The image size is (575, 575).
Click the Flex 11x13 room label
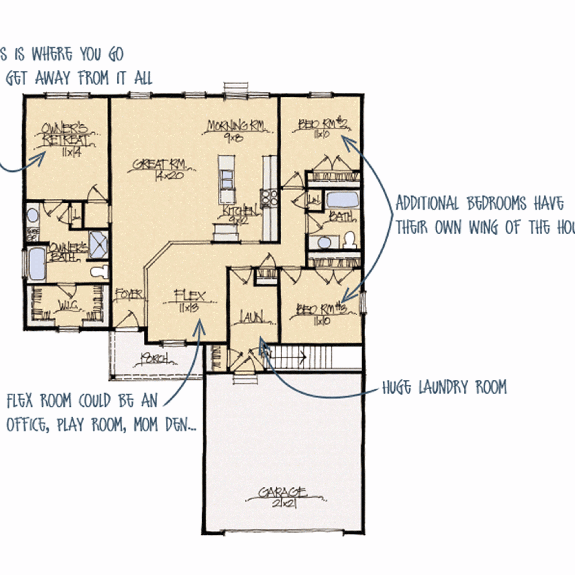pos(190,301)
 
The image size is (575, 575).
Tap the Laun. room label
pos(252,318)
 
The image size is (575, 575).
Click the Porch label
pos(155,359)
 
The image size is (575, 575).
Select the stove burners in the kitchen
pos(269,198)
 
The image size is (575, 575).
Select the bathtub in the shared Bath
pos(342,199)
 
